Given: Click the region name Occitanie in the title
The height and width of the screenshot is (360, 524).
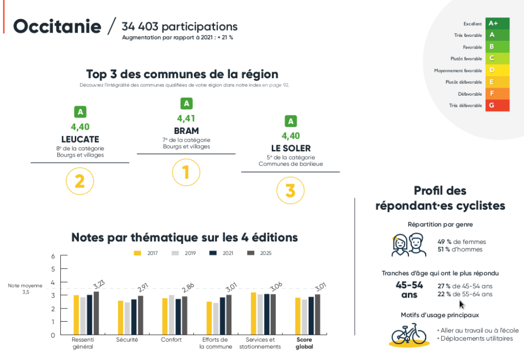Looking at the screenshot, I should pyautogui.click(x=56, y=27).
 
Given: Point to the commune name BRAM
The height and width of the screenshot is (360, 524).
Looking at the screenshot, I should pyautogui.click(x=186, y=131).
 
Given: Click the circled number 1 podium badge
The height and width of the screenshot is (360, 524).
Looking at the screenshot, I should pyautogui.click(x=186, y=172).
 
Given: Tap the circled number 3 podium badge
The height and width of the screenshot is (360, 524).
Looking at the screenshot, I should pyautogui.click(x=290, y=191).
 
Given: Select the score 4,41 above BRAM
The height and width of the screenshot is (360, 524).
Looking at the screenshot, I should pyautogui.click(x=186, y=119).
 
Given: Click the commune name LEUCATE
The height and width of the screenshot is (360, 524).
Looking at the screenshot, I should pyautogui.click(x=80, y=139).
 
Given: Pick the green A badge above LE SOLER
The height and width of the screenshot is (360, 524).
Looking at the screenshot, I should pyautogui.click(x=291, y=122).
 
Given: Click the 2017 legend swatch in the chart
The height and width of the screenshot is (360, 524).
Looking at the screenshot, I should pyautogui.click(x=137, y=253).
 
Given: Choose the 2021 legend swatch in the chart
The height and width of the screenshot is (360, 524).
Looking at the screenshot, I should pyautogui.click(x=213, y=253).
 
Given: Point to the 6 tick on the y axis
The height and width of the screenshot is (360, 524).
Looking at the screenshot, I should pyautogui.click(x=53, y=256).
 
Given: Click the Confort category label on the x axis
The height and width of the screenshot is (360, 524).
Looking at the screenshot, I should pyautogui.click(x=171, y=340).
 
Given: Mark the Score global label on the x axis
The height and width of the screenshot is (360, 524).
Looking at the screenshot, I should pyautogui.click(x=303, y=343).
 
